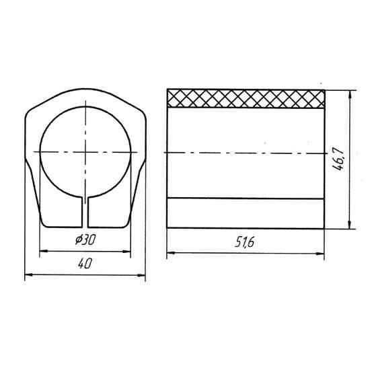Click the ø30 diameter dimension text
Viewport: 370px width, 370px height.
pyautogui.click(x=85, y=240)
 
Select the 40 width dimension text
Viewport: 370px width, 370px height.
pyautogui.click(x=85, y=263)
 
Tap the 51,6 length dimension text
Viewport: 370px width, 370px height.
pyautogui.click(x=245, y=242)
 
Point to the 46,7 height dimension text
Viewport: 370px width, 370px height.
pyautogui.click(x=338, y=159)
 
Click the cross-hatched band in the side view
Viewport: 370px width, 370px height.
pyautogui.click(x=246, y=99)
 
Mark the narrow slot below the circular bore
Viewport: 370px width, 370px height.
pyautogui.click(x=85, y=213)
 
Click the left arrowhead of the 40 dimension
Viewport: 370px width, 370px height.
pyautogui.click(x=28, y=275)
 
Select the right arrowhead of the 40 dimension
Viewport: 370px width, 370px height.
pyautogui.click(x=141, y=275)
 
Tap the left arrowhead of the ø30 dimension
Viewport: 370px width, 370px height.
pyautogui.click(x=44, y=251)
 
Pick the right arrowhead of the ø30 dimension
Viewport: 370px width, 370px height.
pyautogui.click(x=126, y=252)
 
